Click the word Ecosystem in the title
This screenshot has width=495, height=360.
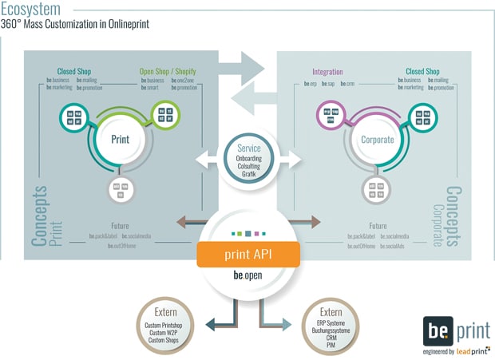point(30,9)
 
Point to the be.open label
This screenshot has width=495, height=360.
point(247,275)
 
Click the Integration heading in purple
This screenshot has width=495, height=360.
point(327,71)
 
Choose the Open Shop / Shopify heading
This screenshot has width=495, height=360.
point(167,71)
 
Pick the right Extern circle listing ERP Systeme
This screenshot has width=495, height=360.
point(329,323)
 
